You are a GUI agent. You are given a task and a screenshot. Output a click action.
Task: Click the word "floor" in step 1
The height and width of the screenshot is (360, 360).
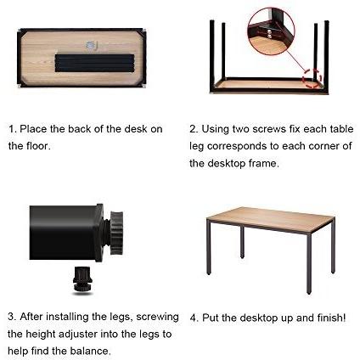click(37, 146)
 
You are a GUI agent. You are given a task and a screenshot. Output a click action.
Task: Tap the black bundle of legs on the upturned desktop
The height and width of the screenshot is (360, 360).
click(94, 63)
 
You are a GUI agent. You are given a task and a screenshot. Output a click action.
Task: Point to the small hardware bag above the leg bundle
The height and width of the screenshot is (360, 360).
click(91, 47)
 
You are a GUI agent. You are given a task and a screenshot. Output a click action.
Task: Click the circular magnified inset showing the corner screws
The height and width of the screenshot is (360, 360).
click(271, 31)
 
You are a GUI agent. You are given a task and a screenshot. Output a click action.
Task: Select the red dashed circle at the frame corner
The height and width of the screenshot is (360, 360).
click(312, 78)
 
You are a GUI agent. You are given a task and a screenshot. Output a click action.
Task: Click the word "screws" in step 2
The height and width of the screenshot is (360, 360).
click(269, 129)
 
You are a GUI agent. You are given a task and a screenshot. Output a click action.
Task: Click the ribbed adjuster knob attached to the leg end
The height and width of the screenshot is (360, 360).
click(116, 233)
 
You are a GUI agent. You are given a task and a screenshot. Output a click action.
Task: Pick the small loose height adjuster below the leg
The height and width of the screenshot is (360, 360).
click(82, 279)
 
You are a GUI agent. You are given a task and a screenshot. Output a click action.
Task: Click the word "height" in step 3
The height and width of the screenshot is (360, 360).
click(41, 335)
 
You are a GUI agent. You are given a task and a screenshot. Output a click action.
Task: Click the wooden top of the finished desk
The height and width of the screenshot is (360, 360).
click(271, 219)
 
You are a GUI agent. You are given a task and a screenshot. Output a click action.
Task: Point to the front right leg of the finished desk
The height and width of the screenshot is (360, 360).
click(309, 263)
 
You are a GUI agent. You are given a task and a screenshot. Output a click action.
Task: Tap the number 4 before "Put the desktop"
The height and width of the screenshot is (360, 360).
click(193, 318)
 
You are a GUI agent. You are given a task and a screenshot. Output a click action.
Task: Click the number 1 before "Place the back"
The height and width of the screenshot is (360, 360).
click(11, 129)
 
